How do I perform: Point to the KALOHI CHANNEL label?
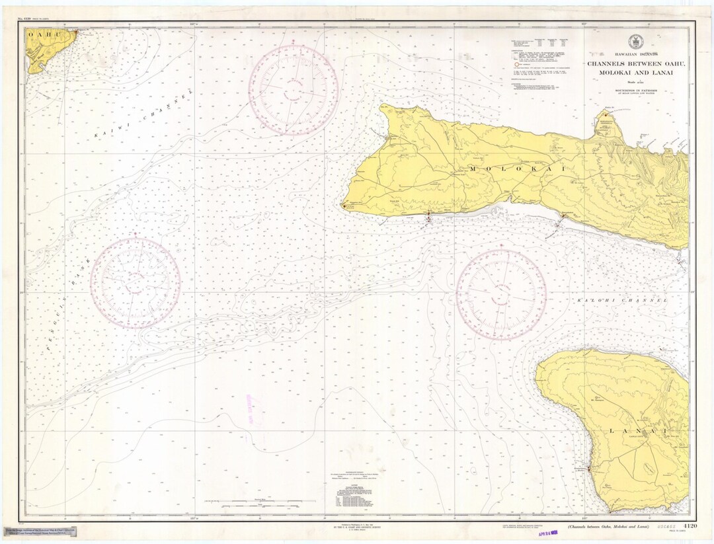[x=622, y=301]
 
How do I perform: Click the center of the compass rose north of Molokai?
[x=294, y=91]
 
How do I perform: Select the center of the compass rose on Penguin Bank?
[x=136, y=283]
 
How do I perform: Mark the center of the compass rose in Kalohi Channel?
[x=501, y=295]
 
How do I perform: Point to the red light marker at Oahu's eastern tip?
[x=77, y=30]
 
